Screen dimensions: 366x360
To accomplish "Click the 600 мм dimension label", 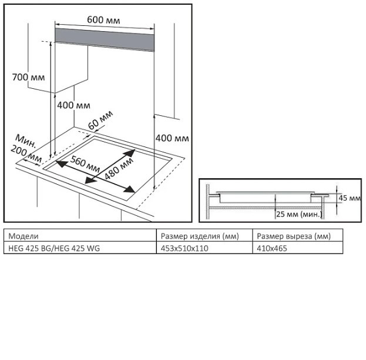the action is pos(103,20).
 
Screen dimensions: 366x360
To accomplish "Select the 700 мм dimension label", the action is pos(28,77).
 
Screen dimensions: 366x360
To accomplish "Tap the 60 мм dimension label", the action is pos(100,120).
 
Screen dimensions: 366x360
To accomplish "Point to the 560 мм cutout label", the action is pos(85,164).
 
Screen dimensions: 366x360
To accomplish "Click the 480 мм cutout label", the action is pos(119,168).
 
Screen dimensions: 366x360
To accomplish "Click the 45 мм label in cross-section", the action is pos(350,198).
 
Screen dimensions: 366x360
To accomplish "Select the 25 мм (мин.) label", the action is pos(299,214).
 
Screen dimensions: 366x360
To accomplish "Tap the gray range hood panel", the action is pos(105,39).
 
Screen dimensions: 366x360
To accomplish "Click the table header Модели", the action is pos(23,236).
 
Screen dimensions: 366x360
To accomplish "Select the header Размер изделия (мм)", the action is pos(200,236).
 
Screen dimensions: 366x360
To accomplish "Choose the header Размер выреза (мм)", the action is pos(294,236).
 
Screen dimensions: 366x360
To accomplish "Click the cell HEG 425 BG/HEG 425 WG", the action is pos(54,248).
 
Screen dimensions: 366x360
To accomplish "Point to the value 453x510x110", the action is pos(184,248).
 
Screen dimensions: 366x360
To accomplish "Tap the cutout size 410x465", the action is pos(272,248).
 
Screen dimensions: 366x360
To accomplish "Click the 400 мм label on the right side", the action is pos(172,138).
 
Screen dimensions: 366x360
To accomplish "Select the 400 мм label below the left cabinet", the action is pos(74,105).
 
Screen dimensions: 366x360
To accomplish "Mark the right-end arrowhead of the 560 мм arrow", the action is pos(130,189).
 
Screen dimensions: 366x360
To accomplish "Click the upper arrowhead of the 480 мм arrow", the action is pos(130,153).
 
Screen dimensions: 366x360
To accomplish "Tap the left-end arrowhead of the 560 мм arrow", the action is pos(61,164).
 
